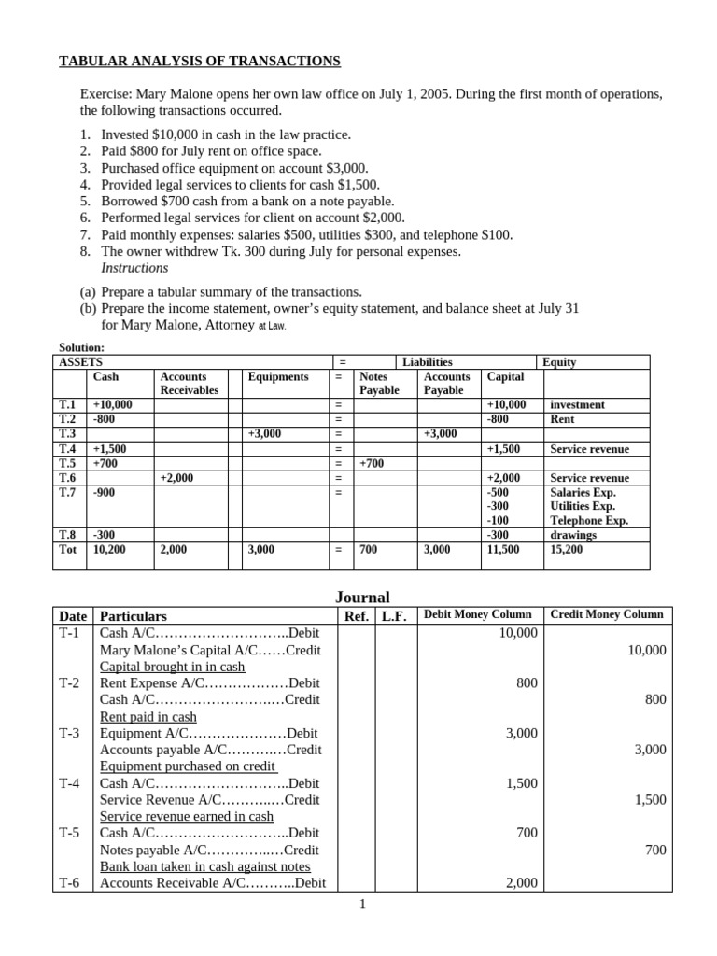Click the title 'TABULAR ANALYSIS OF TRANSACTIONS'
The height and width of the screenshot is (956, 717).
click(x=200, y=62)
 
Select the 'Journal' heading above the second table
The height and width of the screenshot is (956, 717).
click(x=362, y=597)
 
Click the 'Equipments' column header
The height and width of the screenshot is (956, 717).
click(x=278, y=376)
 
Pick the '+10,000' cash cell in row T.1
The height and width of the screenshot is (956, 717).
click(x=113, y=404)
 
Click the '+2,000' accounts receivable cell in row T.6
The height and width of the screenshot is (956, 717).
click(x=176, y=477)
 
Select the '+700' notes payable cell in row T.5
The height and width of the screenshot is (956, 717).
click(x=372, y=463)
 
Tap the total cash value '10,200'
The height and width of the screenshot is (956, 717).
click(x=111, y=550)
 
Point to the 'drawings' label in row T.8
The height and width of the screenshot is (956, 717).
click(x=573, y=535)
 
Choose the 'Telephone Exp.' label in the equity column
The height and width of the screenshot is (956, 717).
click(x=589, y=520)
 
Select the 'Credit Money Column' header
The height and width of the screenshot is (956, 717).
click(x=607, y=614)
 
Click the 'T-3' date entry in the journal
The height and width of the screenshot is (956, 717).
click(x=70, y=733)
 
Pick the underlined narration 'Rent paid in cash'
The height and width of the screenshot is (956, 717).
click(x=148, y=716)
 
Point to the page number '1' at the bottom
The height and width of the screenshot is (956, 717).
click(x=362, y=904)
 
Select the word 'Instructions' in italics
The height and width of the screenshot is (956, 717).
click(x=134, y=268)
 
